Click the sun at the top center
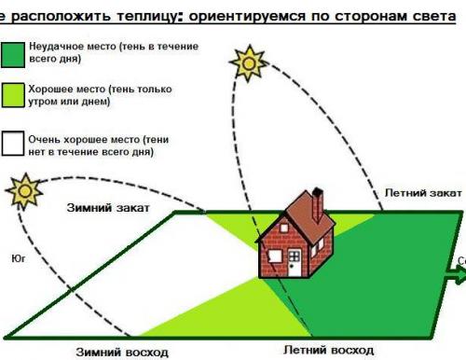pyautogui.click(x=250, y=62)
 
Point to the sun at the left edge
pyautogui.click(x=22, y=190)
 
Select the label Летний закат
pyautogui.click(x=423, y=191)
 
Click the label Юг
pyautogui.click(x=14, y=251)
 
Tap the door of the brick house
pyautogui.click(x=294, y=264)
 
